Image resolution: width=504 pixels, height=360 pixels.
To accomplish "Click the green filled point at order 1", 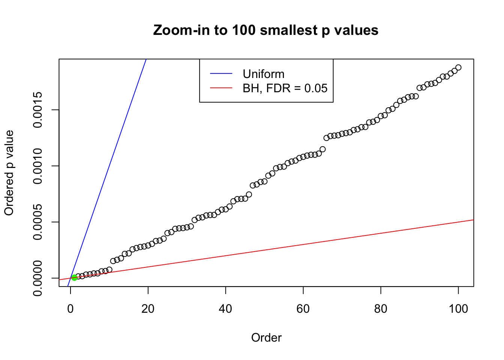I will (x=74, y=277).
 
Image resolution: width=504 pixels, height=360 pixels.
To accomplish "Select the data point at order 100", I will (x=458, y=67).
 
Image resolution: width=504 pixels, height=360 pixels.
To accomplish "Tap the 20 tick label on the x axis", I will (x=148, y=309).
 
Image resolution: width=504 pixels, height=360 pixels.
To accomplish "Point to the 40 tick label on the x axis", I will (x=225, y=309).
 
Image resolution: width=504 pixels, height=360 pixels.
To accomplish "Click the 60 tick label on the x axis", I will (x=303, y=309).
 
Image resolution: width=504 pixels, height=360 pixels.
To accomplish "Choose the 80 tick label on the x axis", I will (x=381, y=309).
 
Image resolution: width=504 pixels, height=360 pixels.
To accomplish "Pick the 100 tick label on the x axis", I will (x=458, y=309).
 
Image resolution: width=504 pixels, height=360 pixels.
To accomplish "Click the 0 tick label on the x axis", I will (x=70, y=309).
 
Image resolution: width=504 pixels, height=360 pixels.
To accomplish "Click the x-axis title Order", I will (x=266, y=338).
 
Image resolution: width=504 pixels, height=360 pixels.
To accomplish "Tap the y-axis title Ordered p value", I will (x=9, y=173).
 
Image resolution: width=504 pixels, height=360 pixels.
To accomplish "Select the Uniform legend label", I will (x=263, y=74).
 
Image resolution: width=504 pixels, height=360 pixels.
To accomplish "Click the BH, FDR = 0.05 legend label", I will (x=285, y=88).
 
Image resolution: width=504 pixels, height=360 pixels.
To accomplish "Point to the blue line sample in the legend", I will (x=221, y=74).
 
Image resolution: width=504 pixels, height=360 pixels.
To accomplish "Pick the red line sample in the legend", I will (x=221, y=88).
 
